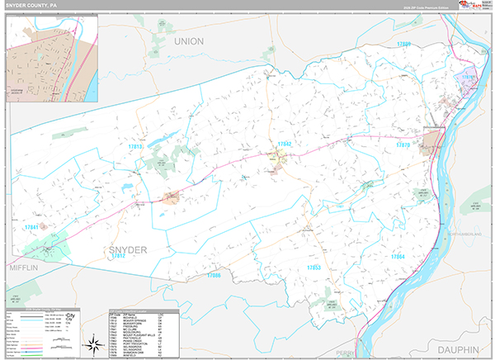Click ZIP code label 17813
[135, 147]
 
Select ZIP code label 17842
[285, 144]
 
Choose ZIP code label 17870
[403, 144]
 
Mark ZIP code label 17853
[314, 268]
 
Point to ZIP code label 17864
[398, 257]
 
